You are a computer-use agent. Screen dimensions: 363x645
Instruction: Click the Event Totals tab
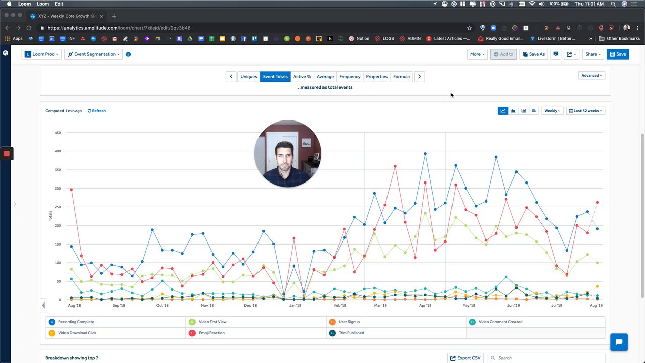[x=275, y=77]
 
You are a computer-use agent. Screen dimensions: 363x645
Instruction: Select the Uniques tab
[x=248, y=77]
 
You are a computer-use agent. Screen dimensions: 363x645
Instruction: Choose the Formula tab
[x=401, y=77]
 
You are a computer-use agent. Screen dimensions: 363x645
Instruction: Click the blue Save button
[x=618, y=54]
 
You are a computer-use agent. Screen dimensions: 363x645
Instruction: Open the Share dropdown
[x=593, y=54]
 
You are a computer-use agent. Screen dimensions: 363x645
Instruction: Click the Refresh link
[x=97, y=111]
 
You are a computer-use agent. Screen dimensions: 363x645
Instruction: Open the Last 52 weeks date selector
[x=586, y=111]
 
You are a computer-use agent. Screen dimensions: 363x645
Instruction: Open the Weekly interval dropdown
[x=552, y=111]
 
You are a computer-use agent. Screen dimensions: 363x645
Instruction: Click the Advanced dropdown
[x=592, y=76]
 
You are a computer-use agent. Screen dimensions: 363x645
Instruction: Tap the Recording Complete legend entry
[x=76, y=322]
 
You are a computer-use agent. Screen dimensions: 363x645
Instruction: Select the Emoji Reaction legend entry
[x=212, y=333]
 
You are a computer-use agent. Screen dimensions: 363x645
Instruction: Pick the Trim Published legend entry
[x=351, y=333]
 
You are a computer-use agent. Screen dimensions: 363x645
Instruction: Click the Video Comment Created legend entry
[x=500, y=322]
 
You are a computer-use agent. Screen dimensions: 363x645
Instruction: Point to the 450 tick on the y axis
[x=58, y=133]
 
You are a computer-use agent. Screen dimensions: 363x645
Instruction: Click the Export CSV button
[x=465, y=358]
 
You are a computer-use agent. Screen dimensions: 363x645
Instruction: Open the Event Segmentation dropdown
[x=94, y=54]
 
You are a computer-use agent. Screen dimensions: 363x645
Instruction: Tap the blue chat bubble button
[x=619, y=342]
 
